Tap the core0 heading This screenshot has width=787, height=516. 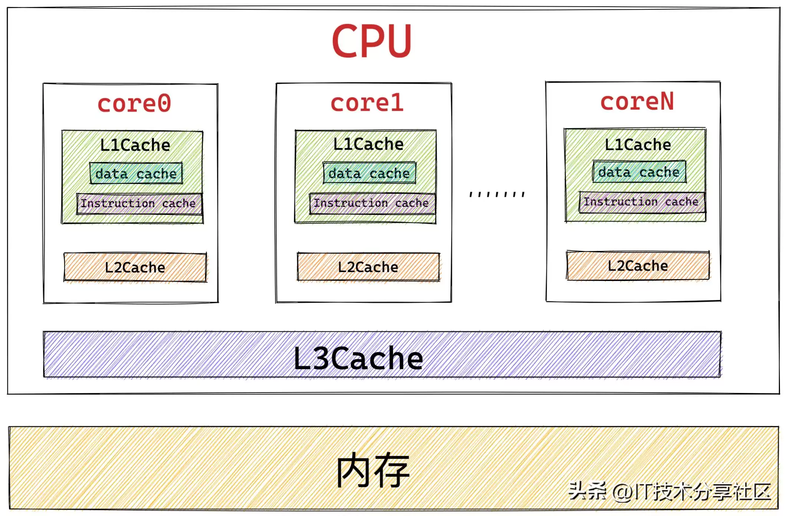tap(134, 103)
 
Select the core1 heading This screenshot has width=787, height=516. tap(367, 103)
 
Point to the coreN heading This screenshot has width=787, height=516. tap(637, 102)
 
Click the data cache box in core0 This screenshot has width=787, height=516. tap(136, 173)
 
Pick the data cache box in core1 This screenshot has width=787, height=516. tap(369, 173)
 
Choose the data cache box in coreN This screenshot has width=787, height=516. tap(639, 172)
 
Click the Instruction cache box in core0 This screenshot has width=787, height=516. tap(139, 204)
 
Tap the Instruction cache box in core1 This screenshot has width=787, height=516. tap(372, 203)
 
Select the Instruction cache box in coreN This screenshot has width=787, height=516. tap(642, 202)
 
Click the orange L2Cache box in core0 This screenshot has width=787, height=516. tap(135, 267)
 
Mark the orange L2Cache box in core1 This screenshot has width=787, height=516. tap(368, 267)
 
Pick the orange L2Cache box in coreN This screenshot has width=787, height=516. tap(638, 266)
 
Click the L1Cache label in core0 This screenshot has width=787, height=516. tap(135, 145)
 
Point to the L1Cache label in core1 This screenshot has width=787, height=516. tap(368, 144)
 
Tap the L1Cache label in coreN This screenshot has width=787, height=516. tap(638, 145)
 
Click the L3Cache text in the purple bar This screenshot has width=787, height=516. tap(358, 358)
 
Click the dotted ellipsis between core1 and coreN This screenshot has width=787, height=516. tap(497, 194)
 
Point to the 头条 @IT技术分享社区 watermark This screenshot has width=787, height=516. tap(669, 492)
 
